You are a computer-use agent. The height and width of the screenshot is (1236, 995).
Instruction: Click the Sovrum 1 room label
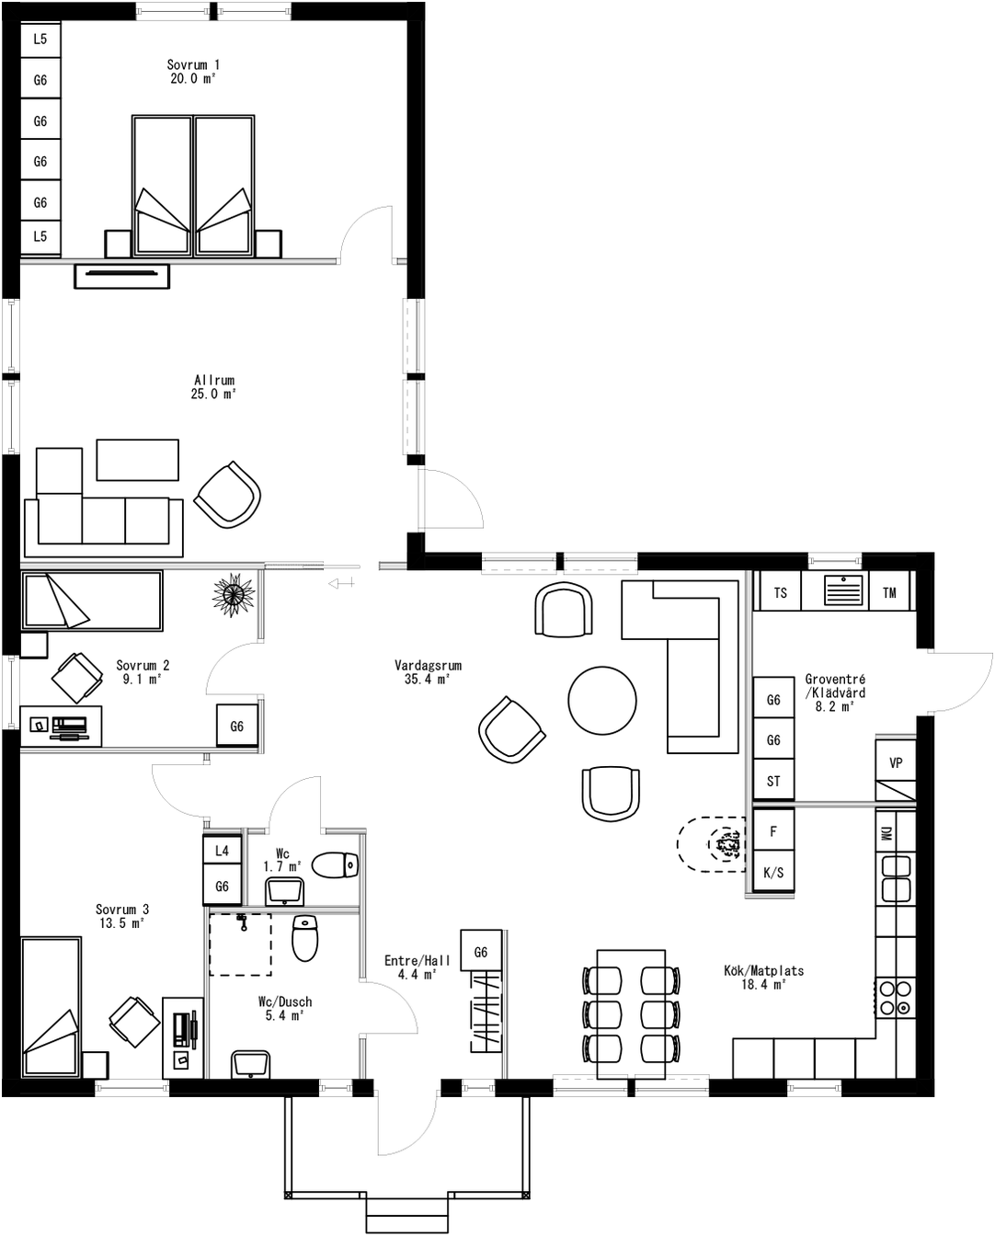coord(192,72)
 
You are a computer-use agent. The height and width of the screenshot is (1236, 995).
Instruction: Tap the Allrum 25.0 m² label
coord(214,387)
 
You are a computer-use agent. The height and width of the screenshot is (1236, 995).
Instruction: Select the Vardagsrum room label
coord(428,672)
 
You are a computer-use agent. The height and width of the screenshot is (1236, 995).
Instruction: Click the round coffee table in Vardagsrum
coord(602,701)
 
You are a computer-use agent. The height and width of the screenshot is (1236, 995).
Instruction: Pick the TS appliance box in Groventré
coord(780,593)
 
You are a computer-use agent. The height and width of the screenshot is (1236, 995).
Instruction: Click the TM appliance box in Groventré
coord(889,593)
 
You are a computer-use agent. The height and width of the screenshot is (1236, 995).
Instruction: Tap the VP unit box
coord(896,762)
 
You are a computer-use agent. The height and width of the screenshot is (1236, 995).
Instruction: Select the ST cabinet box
coord(773,781)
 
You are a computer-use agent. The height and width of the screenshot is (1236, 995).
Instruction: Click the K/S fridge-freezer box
coord(773,872)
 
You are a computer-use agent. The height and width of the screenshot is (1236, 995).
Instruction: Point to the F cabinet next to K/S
coord(773,831)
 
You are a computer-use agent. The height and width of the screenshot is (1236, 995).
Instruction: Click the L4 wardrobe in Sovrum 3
coord(222,851)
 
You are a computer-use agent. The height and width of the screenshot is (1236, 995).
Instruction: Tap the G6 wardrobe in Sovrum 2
coord(237,727)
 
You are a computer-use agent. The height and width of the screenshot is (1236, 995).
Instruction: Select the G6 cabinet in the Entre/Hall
coord(481,953)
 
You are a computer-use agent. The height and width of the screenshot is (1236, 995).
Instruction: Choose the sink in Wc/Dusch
coord(249,1064)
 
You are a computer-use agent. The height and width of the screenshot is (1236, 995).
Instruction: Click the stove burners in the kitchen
coord(896,998)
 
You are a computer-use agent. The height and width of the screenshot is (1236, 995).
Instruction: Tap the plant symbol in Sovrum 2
coord(233,593)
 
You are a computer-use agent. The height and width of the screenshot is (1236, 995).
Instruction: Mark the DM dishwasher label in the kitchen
coord(886,833)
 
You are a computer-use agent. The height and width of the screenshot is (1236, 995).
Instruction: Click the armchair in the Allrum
coord(227,494)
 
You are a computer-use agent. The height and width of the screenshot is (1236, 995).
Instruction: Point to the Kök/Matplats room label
coord(763,977)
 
